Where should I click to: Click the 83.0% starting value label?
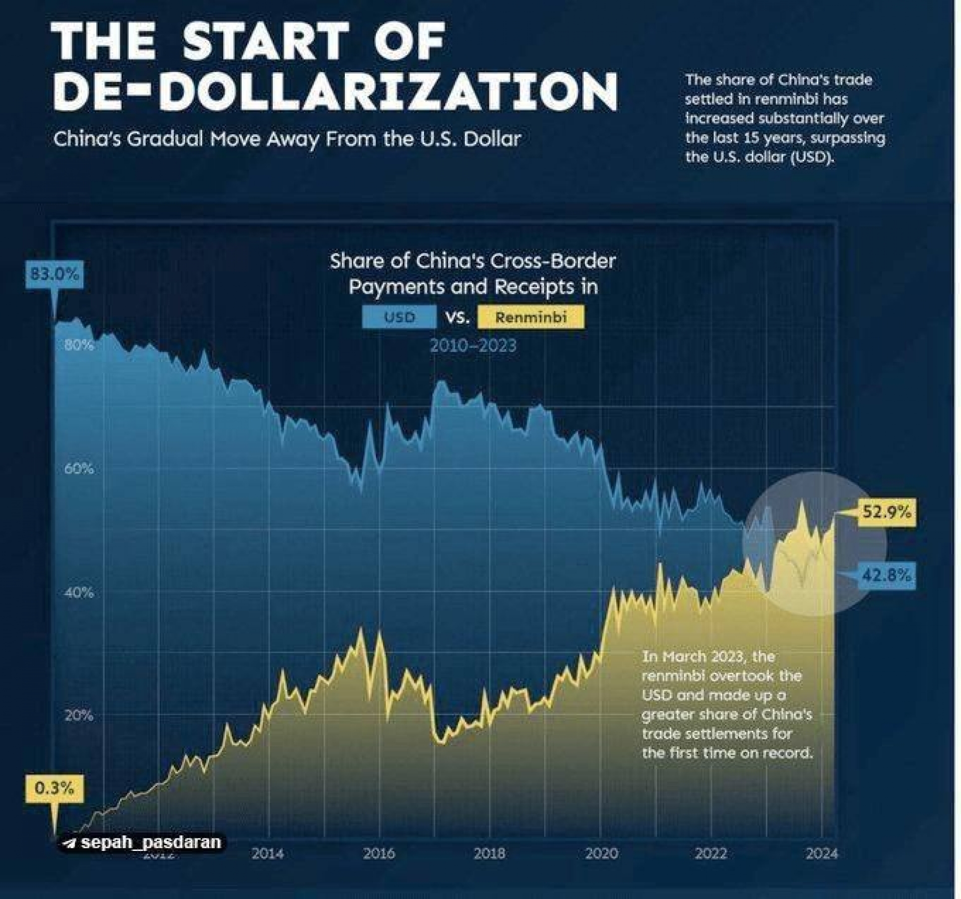click(54, 274)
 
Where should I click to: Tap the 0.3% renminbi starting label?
click(54, 788)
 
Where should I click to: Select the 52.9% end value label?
click(886, 512)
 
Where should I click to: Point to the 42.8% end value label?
click(886, 575)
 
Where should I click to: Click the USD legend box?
click(399, 317)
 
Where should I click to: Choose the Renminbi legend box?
click(531, 317)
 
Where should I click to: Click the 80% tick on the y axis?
click(79, 345)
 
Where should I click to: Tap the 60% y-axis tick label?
click(79, 469)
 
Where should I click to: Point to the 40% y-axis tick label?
click(79, 592)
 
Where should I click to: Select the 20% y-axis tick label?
click(79, 715)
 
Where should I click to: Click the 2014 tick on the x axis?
click(268, 853)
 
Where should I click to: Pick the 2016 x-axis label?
click(379, 853)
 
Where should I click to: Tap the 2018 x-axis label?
click(490, 853)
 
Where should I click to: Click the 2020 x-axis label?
click(601, 853)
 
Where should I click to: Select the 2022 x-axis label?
click(711, 853)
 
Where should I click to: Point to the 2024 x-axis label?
click(821, 853)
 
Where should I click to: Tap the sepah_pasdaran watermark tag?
click(143, 842)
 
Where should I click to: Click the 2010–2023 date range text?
click(473, 346)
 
